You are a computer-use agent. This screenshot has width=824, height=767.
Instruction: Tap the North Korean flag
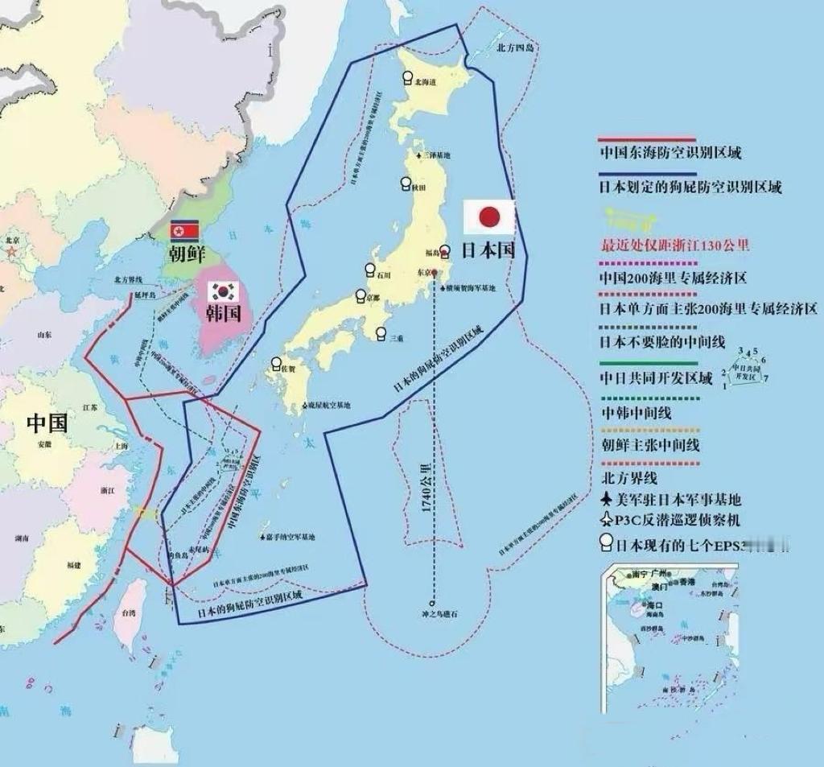click(x=183, y=231)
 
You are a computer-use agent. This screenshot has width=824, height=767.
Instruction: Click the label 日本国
click(x=489, y=249)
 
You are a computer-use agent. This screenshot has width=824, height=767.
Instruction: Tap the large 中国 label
click(x=47, y=422)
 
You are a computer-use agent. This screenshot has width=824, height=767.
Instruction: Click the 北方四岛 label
click(x=515, y=47)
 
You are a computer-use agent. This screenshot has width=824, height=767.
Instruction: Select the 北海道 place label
click(x=423, y=81)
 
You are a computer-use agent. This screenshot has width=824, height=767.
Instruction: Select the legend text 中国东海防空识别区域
click(x=670, y=152)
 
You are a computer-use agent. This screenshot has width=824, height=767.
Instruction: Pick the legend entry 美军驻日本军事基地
click(x=677, y=499)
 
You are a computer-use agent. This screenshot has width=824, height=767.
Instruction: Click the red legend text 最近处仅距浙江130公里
click(x=675, y=245)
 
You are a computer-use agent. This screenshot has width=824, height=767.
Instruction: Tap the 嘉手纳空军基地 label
click(x=290, y=537)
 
